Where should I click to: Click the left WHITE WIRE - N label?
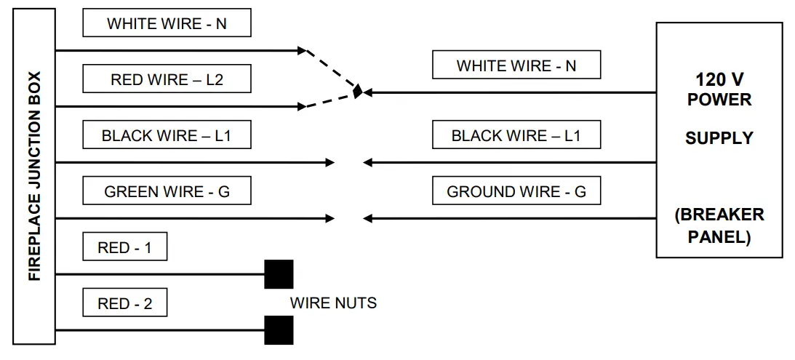(167, 23)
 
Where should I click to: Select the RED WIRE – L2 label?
(167, 79)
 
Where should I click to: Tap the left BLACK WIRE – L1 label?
(167, 135)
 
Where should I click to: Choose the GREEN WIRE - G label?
(167, 191)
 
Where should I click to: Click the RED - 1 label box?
(124, 247)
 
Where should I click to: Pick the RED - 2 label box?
(124, 303)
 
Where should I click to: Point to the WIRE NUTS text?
(333, 302)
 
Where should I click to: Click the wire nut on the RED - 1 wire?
(279, 274)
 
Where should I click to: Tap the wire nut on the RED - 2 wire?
(279, 330)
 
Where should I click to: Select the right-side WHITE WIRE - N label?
(516, 65)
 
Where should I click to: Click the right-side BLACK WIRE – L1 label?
(516, 135)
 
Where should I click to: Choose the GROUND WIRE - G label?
(516, 191)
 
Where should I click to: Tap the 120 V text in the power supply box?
(719, 79)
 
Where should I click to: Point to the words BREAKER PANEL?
(719, 225)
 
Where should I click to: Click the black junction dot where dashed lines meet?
(357, 92)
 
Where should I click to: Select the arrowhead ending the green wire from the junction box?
(329, 218)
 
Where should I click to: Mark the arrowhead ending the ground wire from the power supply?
(367, 218)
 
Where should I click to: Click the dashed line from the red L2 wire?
(329, 100)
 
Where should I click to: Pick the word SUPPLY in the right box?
(719, 137)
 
